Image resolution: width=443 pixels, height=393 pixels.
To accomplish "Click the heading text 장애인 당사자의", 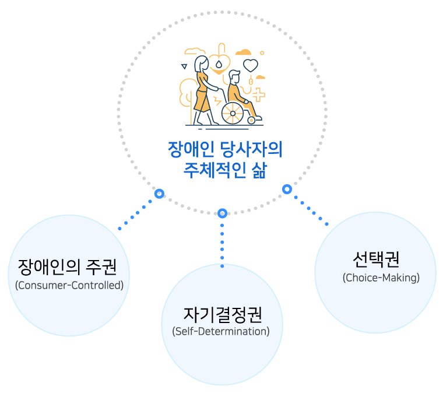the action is [225, 149].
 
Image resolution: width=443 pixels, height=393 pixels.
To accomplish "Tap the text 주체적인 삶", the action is [225, 170].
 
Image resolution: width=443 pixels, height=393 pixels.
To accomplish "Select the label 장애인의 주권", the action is [67, 267].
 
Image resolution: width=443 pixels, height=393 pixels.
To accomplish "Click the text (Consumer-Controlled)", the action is [69, 285].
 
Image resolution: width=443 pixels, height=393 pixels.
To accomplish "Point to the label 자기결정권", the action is [223, 315].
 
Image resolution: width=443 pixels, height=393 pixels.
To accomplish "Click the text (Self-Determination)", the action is [221, 331].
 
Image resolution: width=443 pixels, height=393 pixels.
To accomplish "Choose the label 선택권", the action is [376, 259].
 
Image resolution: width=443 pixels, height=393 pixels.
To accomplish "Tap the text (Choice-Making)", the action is [381, 278].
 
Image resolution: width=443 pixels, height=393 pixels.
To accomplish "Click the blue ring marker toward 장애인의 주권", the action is [159, 194].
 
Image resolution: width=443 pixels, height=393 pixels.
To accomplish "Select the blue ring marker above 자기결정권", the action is [222, 213].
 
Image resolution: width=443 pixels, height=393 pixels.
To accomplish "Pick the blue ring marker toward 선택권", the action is [287, 190].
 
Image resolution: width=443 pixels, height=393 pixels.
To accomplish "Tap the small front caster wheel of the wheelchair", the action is [251, 120].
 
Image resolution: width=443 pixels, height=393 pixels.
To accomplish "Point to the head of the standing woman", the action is [202, 63].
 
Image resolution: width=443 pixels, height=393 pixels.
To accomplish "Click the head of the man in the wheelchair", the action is [234, 76].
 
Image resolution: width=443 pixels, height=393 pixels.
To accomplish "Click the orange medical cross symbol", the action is [258, 94].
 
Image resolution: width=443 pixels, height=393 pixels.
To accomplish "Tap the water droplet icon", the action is [219, 64].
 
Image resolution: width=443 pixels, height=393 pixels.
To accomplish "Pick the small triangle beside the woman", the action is [184, 66].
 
